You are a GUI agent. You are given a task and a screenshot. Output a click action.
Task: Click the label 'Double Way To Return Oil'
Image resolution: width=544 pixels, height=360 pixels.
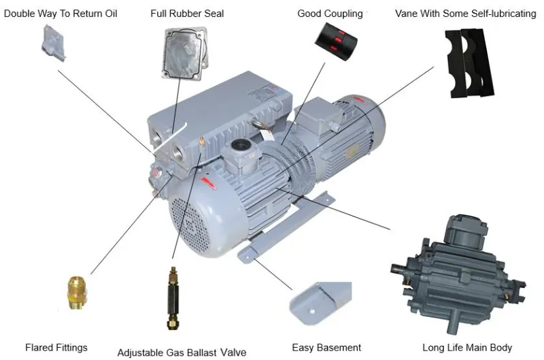[61, 14]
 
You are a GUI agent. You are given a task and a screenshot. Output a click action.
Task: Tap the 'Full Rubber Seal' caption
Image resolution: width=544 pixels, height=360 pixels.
[187, 14]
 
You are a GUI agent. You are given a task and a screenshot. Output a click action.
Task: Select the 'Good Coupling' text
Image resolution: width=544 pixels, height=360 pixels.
[330, 14]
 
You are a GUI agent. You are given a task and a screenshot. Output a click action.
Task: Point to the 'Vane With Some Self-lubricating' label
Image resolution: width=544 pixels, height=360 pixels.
[466, 14]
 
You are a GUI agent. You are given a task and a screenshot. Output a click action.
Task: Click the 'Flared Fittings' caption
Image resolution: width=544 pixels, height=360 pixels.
[56, 348]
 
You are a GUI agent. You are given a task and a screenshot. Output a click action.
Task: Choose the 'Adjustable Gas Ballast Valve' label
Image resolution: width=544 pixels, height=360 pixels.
[182, 353]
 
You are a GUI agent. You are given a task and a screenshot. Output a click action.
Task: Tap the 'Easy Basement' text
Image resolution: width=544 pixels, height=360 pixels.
[326, 348]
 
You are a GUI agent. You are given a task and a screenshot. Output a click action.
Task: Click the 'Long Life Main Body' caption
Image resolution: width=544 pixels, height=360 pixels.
[467, 348]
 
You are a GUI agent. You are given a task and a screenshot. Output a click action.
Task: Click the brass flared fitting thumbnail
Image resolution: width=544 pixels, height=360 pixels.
[77, 293]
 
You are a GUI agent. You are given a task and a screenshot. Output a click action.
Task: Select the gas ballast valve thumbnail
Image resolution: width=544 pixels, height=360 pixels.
[173, 298]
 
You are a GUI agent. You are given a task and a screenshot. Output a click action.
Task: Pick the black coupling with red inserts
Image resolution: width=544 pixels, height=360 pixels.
[336, 42]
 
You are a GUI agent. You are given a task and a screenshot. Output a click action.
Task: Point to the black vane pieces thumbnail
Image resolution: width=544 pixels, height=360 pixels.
[470, 63]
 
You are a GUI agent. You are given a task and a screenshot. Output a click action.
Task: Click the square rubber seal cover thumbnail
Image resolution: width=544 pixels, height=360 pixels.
[184, 54]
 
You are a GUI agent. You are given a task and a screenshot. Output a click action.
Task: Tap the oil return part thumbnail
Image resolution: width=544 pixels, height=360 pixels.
[54, 43]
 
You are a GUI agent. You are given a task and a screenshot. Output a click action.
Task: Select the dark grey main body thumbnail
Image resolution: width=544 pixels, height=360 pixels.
[458, 273]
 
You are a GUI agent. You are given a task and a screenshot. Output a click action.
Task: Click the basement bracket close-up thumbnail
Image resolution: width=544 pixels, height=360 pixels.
[320, 303]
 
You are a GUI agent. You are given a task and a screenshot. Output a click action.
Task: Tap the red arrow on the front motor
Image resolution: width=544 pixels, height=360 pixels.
[208, 182]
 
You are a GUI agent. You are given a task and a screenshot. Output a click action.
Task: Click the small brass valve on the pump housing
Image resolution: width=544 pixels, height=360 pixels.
[201, 142]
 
